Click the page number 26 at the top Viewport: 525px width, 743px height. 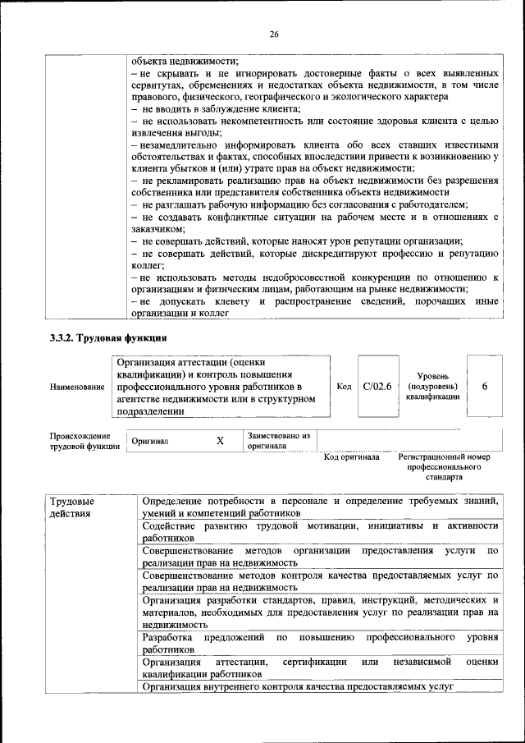(274, 34)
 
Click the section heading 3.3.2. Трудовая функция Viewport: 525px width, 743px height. (109, 337)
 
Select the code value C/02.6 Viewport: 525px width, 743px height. (377, 385)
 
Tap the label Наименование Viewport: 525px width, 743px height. (76, 386)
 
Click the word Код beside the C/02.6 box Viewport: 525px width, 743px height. (345, 385)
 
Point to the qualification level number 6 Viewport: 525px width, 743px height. (485, 385)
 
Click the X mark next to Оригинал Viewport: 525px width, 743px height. (220, 441)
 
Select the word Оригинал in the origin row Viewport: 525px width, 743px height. (150, 441)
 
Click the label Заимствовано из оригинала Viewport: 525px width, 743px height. (278, 441)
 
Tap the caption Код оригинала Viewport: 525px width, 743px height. (351, 457)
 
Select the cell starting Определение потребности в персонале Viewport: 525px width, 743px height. (320, 506)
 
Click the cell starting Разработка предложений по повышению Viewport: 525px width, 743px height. (320, 643)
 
